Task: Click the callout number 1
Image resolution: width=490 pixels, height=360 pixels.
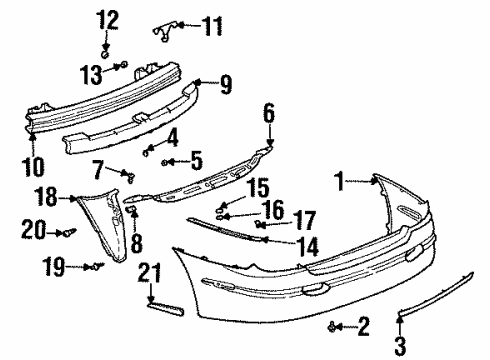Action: pos(339,182)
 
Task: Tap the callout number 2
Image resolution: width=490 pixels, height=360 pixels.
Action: pos(363,325)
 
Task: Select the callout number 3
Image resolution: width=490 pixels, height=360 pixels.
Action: pos(400,347)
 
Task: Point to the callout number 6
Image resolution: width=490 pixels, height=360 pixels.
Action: pos(268,112)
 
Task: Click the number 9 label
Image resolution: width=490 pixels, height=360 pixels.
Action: pos(225,86)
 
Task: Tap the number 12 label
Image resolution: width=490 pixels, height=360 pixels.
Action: pos(108,18)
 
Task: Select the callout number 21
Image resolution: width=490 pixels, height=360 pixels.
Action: pos(151,271)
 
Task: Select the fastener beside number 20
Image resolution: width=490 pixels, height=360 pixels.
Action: pos(68,233)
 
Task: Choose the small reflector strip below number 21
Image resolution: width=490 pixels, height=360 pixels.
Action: pos(163,301)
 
